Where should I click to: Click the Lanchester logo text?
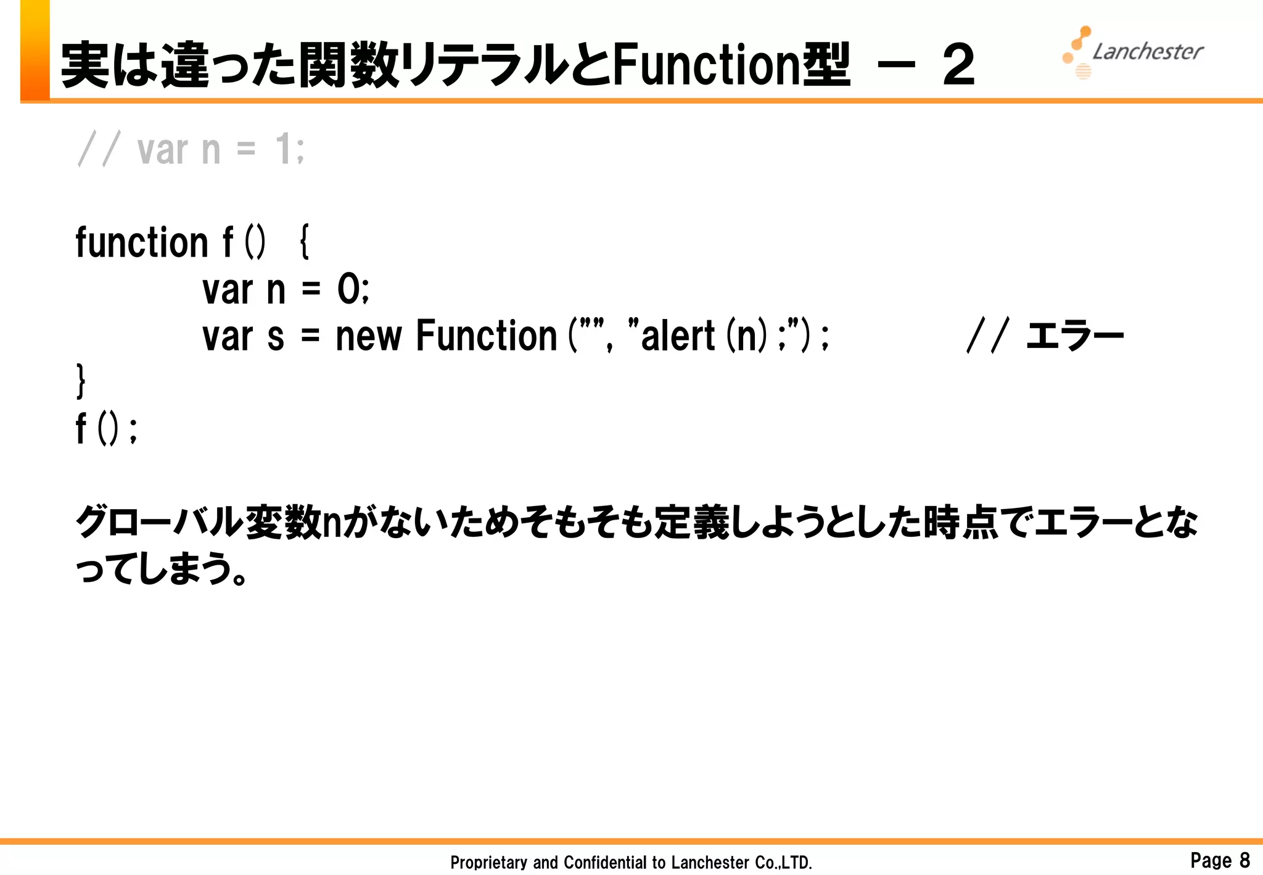[1147, 52]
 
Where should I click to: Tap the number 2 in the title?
[958, 65]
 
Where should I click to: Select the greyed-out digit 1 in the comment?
[283, 149]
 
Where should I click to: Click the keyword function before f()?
[142, 242]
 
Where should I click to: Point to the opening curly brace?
[304, 242]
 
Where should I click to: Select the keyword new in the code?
[368, 337]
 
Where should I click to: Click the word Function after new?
[486, 337]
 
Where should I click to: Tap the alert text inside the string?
[678, 337]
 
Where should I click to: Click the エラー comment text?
[1074, 337]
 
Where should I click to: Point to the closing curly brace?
[81, 381]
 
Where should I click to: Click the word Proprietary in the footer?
[488, 862]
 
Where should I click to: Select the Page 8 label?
[1219, 860]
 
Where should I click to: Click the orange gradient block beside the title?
[35, 49]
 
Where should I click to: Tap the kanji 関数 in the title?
[349, 65]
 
